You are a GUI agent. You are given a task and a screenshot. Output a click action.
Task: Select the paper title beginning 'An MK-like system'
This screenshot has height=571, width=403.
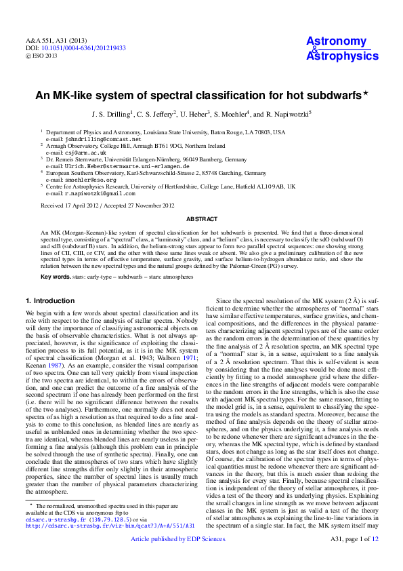201,96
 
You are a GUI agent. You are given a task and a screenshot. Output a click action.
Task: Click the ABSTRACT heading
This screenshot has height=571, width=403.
201,219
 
